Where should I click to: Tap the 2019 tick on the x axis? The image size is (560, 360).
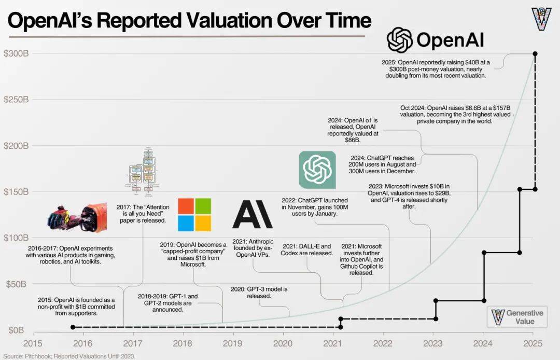click(233, 343)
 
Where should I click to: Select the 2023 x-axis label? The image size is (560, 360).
click(433, 343)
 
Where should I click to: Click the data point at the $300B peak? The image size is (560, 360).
click(535, 53)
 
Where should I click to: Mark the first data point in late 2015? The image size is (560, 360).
click(73, 327)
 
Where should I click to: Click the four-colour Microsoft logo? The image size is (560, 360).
click(194, 214)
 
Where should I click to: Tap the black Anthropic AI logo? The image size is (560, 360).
click(252, 213)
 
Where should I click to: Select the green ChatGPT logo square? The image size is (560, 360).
click(321, 170)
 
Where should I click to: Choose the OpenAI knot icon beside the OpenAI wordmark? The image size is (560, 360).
click(400, 40)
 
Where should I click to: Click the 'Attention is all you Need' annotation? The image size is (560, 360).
click(142, 213)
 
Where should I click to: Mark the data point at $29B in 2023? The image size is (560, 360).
click(436, 301)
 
